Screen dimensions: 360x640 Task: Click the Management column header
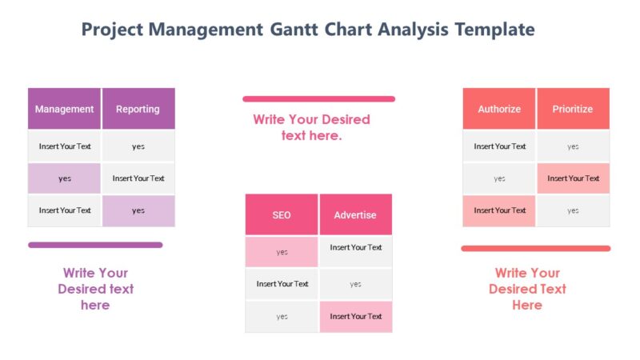[64, 109]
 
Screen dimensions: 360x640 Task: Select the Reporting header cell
[138, 109]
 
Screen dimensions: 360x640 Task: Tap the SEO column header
[282, 214]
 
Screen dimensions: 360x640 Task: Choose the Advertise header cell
[355, 214]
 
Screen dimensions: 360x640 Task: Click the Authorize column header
[499, 109]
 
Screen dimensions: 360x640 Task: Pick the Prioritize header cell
[573, 109]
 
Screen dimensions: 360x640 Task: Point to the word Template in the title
[494, 30]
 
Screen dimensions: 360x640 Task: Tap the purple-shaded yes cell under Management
[64, 178]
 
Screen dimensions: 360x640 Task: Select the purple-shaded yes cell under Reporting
[138, 210]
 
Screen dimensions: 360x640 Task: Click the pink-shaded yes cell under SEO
[282, 252]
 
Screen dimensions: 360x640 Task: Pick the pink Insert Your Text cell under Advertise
[355, 316]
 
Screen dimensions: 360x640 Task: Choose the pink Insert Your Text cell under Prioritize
[573, 178]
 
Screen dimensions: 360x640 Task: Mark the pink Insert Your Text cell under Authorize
[499, 210]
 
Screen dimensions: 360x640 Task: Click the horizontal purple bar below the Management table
[95, 245]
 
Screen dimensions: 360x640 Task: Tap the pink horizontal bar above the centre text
[318, 99]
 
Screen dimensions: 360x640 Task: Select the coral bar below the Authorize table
[535, 248]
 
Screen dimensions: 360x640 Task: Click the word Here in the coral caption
[527, 305]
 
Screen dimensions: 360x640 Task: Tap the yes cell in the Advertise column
[355, 284]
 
